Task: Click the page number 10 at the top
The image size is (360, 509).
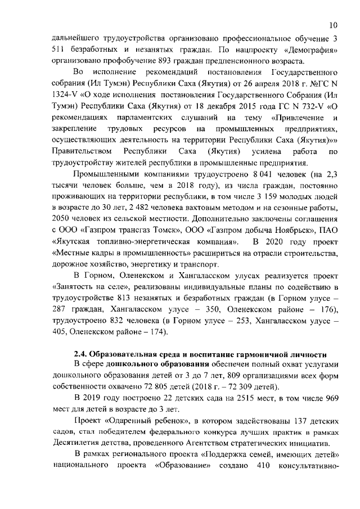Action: coord(334,25)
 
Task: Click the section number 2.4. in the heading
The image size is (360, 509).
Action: coord(83,354)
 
